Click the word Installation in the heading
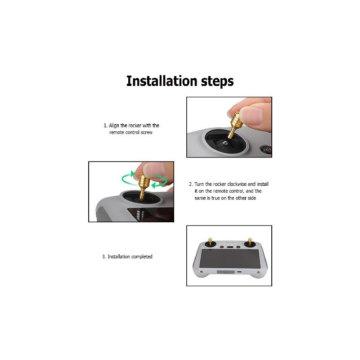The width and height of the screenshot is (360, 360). click(x=162, y=81)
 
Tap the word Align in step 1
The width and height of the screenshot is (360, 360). click(x=114, y=126)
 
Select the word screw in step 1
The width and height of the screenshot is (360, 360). click(x=147, y=132)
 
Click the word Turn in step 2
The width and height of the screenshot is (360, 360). click(x=199, y=184)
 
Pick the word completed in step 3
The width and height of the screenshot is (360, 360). click(x=142, y=256)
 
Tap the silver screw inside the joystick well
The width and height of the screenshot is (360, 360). click(x=225, y=143)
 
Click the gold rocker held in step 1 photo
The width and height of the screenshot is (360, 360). click(x=234, y=124)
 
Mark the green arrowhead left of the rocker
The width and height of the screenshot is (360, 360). click(x=133, y=174)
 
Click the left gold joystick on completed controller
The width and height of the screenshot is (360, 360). click(x=210, y=241)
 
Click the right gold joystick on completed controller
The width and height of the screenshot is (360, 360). click(x=250, y=241)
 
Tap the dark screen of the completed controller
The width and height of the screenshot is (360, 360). click(x=230, y=258)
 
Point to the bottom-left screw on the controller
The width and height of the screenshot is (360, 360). click(x=202, y=272)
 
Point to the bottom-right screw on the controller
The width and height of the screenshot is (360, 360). click(x=258, y=272)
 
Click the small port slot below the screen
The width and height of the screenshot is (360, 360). click(x=239, y=272)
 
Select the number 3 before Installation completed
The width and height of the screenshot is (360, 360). click(x=103, y=256)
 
